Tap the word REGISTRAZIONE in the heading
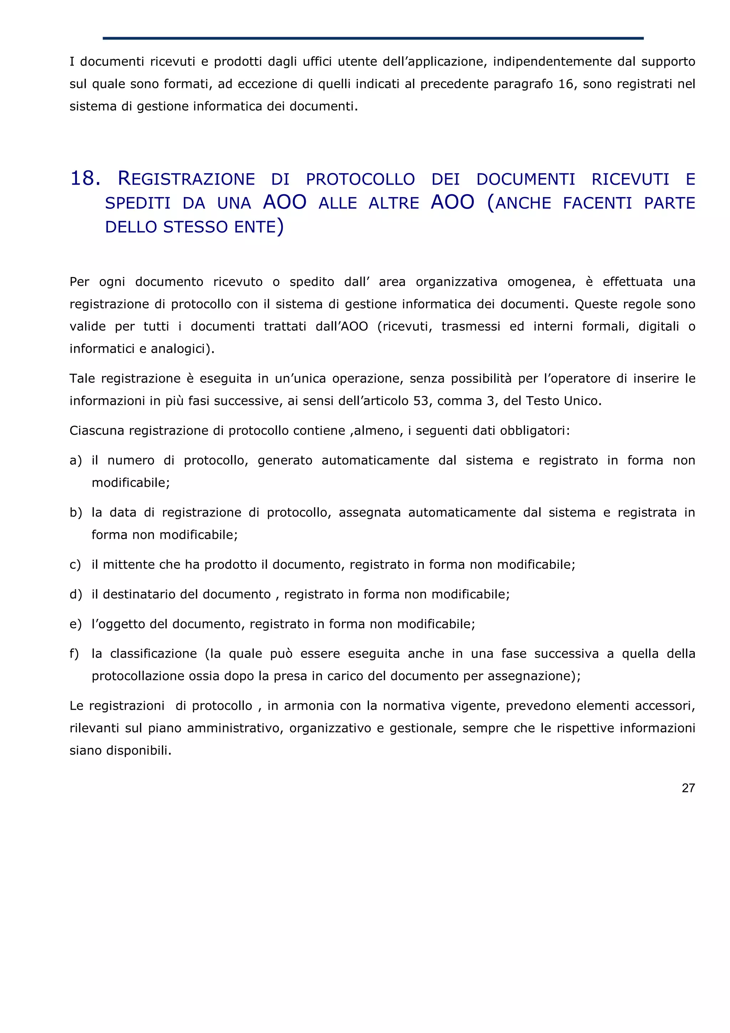[186, 179]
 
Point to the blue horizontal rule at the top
[373, 38]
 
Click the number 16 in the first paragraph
[565, 84]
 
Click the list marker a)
[76, 460]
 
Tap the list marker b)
[76, 513]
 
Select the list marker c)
[75, 565]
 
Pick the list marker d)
[76, 594]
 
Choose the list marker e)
[76, 624]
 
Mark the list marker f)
[74, 654]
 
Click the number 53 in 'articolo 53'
[421, 401]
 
